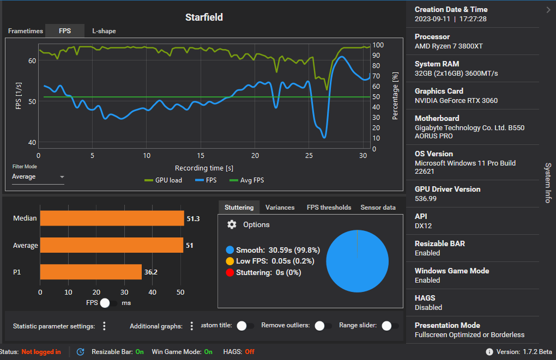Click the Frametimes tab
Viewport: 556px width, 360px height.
[25, 31]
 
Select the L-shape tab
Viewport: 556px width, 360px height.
[104, 31]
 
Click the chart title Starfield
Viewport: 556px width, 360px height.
[204, 17]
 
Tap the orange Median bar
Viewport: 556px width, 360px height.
[112, 218]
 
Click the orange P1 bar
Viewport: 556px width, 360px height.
[90, 272]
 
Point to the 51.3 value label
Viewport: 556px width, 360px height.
[193, 218]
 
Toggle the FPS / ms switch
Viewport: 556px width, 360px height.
[109, 302]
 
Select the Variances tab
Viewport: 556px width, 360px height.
[280, 208]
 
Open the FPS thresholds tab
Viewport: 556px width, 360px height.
[329, 208]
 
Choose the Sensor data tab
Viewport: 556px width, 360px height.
[378, 208]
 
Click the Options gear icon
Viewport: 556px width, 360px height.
[232, 224]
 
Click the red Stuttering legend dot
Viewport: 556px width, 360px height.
[229, 272]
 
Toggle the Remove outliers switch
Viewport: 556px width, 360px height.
[323, 326]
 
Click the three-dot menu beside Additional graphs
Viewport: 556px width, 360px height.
[192, 326]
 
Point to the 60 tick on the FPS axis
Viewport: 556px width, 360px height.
[32, 60]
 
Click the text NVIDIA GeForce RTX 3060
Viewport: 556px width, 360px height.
[456, 100]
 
